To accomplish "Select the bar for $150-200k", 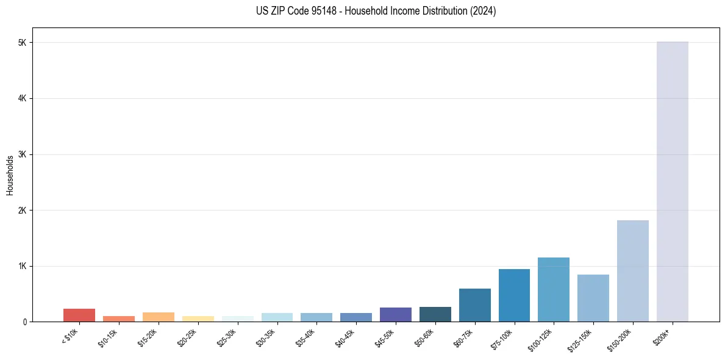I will pyautogui.click(x=632, y=271).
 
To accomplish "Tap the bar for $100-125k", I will pyautogui.click(x=553, y=289).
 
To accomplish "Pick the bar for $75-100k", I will pyautogui.click(x=514, y=295).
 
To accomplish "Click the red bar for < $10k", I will pyautogui.click(x=79, y=315).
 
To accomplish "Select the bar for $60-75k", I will pyautogui.click(x=474, y=305).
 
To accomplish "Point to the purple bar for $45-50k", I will pyautogui.click(x=395, y=314).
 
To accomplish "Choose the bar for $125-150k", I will pyautogui.click(x=593, y=298).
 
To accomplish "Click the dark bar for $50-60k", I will pyautogui.click(x=435, y=314).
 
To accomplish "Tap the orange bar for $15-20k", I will pyautogui.click(x=158, y=317).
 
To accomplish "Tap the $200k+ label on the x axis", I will pyautogui.click(x=666, y=336).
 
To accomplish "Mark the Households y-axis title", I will pyautogui.click(x=10, y=175).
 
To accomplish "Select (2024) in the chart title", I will pyautogui.click(x=482, y=11).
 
